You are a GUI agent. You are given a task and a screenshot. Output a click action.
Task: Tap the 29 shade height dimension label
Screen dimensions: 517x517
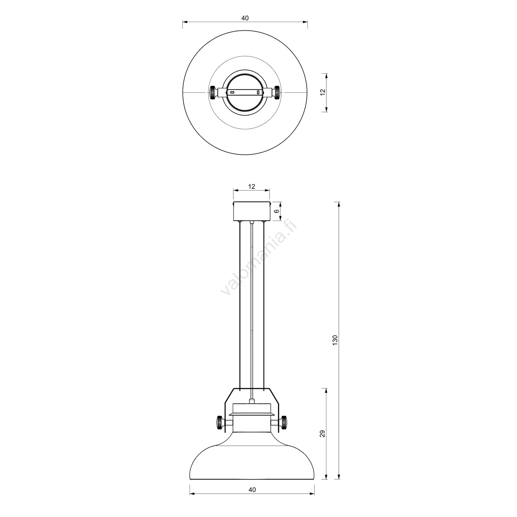coord(323,434)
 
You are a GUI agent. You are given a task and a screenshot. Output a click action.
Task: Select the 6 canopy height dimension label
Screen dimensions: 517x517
coord(276,211)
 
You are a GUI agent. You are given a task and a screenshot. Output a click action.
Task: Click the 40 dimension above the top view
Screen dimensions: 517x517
coord(245,18)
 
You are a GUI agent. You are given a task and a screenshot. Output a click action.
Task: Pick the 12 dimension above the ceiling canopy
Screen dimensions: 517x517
coord(252,186)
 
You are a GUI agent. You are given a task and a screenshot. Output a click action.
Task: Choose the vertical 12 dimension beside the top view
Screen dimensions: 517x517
coord(323,93)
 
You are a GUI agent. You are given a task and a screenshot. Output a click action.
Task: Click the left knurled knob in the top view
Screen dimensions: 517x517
coord(213,92)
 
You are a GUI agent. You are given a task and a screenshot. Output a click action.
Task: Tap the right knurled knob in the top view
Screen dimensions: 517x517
coord(277,92)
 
